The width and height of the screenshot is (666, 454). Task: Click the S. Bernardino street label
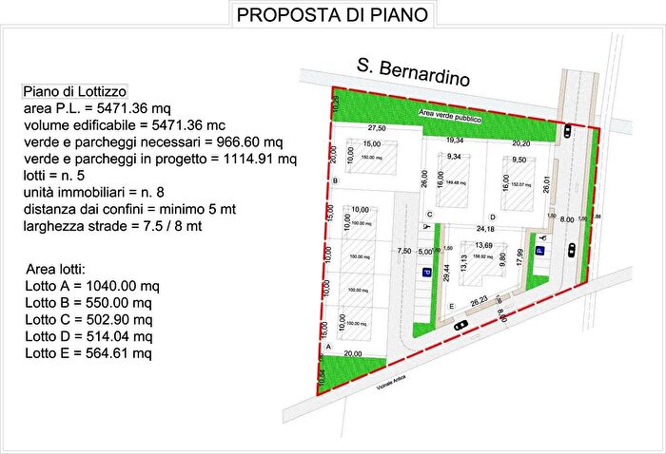point(413,72)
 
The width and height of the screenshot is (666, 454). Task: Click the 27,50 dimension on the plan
point(378,128)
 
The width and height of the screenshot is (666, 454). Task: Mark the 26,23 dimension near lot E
point(480,301)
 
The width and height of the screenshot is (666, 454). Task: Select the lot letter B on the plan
point(336,180)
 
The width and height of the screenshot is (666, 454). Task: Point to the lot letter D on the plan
point(492,217)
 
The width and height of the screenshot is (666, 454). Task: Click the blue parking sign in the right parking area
point(539,251)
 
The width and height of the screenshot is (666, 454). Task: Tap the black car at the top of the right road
point(568,131)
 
